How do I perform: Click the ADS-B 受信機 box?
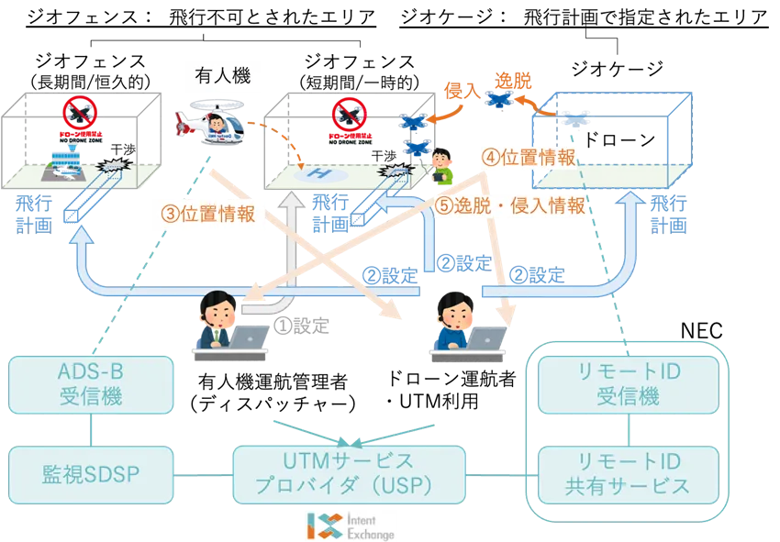click(x=90, y=385)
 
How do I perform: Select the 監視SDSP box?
click(x=90, y=474)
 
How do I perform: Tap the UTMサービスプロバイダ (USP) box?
click(x=348, y=474)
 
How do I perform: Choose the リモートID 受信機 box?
click(x=628, y=385)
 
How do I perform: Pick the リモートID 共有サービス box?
click(x=628, y=474)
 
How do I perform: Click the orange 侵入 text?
click(x=460, y=88)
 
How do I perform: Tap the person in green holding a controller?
click(x=445, y=165)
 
